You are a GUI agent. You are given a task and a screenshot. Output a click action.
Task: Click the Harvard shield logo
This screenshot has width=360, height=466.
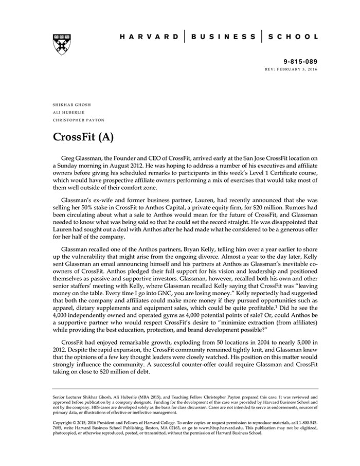point(61,44)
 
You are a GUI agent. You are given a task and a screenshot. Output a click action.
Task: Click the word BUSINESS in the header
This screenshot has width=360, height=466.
point(223,37)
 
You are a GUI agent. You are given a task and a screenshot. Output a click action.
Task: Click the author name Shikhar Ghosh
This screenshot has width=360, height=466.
point(71,104)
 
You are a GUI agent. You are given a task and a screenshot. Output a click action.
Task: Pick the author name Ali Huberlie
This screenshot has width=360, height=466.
point(68,112)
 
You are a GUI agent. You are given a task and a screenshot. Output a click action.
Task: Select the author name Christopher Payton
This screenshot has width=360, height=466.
point(78,120)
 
